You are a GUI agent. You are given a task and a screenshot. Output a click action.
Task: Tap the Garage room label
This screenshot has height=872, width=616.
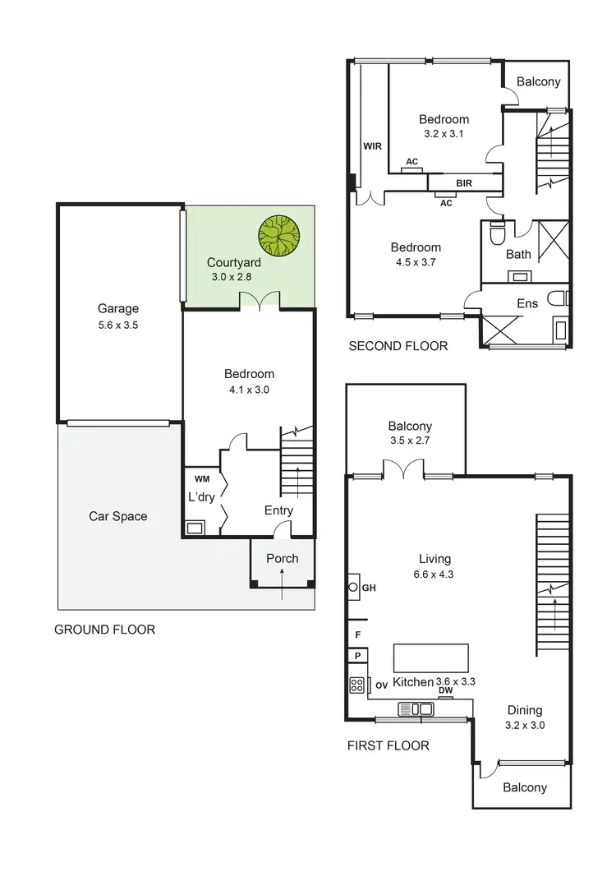click(x=118, y=309)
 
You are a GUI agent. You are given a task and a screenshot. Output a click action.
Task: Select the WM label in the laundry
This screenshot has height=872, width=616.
click(x=202, y=478)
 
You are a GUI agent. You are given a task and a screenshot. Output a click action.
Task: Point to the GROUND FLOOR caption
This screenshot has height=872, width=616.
click(x=104, y=630)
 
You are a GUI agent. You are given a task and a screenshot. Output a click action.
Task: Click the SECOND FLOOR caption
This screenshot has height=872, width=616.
click(x=398, y=346)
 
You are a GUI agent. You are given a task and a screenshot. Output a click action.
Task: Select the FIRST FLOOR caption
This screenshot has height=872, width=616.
click(x=388, y=746)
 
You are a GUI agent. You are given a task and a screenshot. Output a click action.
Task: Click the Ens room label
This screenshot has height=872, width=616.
click(x=527, y=303)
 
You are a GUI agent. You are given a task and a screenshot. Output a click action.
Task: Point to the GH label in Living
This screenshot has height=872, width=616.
click(x=369, y=588)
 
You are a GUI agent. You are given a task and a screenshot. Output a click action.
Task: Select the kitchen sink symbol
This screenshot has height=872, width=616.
click(x=416, y=708)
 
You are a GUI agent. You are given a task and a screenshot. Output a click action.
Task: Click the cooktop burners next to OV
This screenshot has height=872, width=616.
click(x=357, y=685)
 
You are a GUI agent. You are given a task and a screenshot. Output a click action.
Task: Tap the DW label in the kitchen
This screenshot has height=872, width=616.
click(x=446, y=691)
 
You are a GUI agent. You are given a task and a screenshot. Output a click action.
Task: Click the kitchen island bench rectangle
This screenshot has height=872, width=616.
click(x=431, y=659)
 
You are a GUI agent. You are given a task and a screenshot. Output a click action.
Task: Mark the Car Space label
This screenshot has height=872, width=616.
click(x=118, y=516)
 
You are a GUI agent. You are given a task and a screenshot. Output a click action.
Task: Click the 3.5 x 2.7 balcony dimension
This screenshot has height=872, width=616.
click(x=410, y=441)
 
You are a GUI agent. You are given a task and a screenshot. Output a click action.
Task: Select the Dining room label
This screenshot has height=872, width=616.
click(x=525, y=711)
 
